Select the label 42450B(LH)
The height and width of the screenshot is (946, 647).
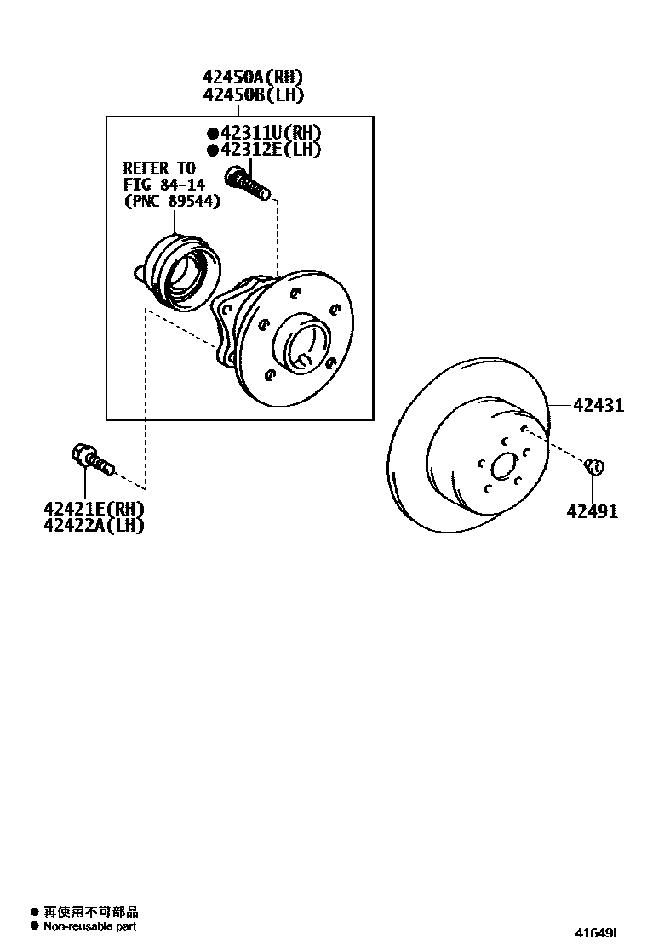click(253, 94)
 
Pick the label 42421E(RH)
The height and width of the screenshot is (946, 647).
click(94, 509)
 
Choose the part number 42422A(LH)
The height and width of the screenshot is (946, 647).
click(94, 526)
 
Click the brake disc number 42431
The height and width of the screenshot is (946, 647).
click(598, 406)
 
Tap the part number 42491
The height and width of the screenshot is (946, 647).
click(593, 511)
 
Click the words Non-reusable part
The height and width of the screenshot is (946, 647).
click(89, 926)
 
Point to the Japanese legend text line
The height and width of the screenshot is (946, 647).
click(90, 911)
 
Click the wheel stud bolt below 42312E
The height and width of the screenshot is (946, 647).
click(248, 184)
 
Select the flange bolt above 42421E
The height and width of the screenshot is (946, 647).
click(91, 460)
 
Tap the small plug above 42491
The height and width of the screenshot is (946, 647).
click(595, 465)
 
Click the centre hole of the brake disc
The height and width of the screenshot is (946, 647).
click(504, 467)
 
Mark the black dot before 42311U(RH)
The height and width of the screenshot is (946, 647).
click(213, 133)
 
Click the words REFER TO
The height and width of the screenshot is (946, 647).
click(159, 168)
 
